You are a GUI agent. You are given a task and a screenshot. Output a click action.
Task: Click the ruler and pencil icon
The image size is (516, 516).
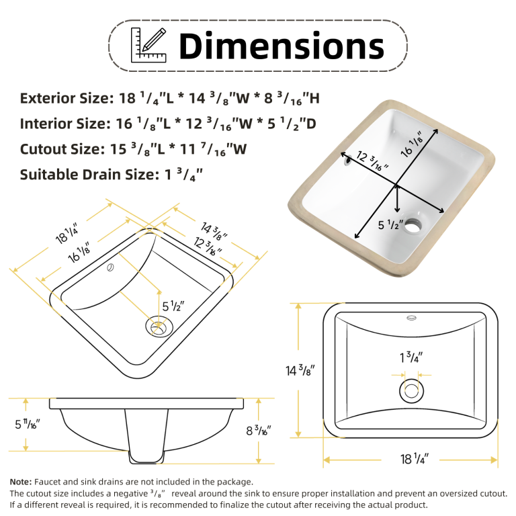pos(148,45)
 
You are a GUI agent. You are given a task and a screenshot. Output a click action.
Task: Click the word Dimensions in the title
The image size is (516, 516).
pos(282,46)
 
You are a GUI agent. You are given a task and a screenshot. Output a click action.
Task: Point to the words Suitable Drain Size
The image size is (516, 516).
pos(89,175)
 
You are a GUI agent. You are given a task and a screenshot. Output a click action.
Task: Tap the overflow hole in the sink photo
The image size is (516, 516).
pos(347,161)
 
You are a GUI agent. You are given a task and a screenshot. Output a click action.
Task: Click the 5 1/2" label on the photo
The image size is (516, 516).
pos(390,225)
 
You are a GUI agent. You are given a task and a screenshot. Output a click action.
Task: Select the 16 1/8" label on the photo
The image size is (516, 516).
pos(412,144)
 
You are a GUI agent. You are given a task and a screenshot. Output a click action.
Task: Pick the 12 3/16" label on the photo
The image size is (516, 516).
pos(372,161)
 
